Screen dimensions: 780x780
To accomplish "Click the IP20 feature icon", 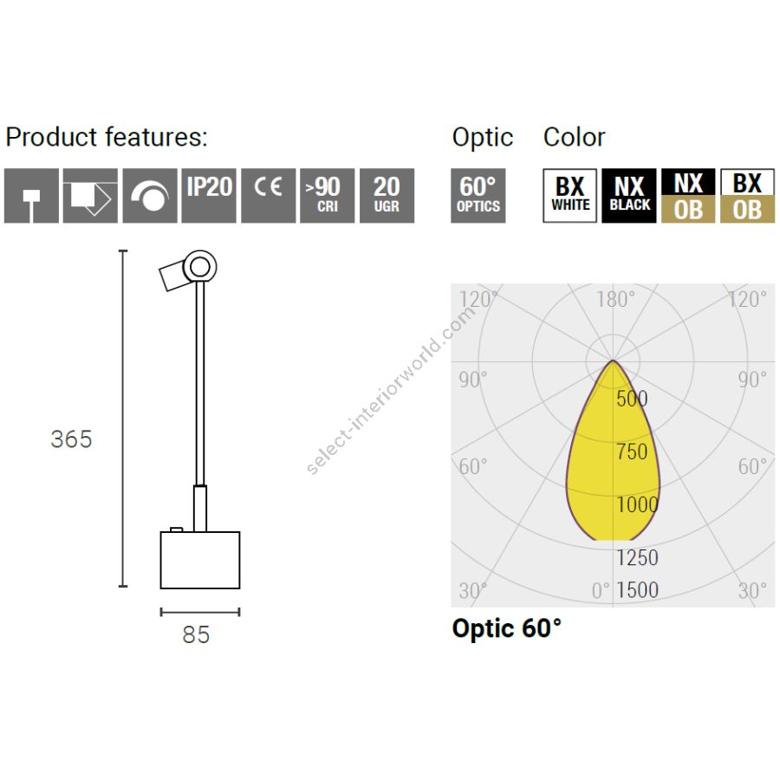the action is point(209,196).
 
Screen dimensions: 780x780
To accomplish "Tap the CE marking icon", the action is point(268,196).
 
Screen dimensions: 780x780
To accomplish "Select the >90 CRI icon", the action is point(328,196).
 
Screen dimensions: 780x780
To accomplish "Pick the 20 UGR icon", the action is point(387,196).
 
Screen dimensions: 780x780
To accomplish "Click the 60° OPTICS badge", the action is point(478,196).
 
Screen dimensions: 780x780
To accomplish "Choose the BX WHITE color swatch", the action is point(569,196).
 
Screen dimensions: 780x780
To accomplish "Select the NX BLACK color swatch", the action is point(629,196).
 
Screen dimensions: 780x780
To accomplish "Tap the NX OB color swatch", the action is point(688,196).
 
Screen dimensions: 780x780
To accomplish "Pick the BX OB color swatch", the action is point(748,196).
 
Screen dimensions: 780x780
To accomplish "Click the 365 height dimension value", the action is point(72,439).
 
